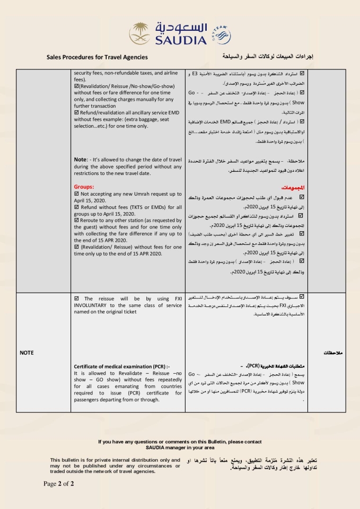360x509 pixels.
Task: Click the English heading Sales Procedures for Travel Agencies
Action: (97, 57)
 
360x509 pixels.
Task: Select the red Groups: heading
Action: (84, 187)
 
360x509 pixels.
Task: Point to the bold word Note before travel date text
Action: (80, 160)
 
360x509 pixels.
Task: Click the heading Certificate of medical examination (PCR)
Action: (122, 366)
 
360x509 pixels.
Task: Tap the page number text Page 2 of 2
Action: (59, 484)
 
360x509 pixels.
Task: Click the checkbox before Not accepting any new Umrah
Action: (77, 194)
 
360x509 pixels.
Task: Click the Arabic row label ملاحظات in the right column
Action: (333, 353)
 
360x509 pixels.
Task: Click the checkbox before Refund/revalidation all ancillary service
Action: (77, 112)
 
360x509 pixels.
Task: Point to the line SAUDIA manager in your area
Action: (180, 448)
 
